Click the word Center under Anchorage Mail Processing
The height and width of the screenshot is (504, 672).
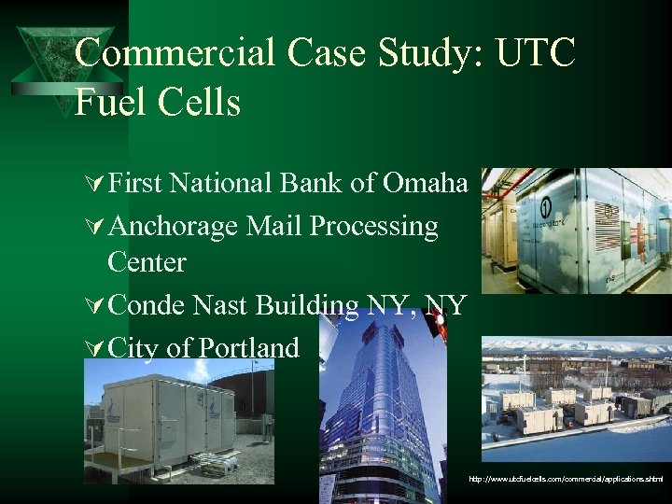coord(147,262)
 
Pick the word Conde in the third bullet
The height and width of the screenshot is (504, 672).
coord(148,305)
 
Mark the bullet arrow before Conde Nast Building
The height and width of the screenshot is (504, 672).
coord(92,306)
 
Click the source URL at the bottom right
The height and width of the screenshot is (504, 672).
coord(567,479)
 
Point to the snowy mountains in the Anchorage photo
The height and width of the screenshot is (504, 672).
coord(579,353)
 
